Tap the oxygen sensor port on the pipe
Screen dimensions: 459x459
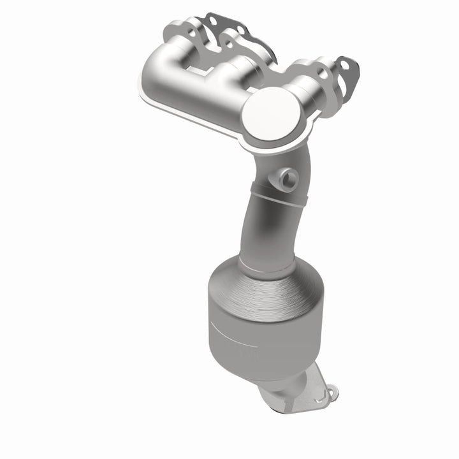tap(284, 177)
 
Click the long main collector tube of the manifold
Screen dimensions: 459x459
tap(204, 89)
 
